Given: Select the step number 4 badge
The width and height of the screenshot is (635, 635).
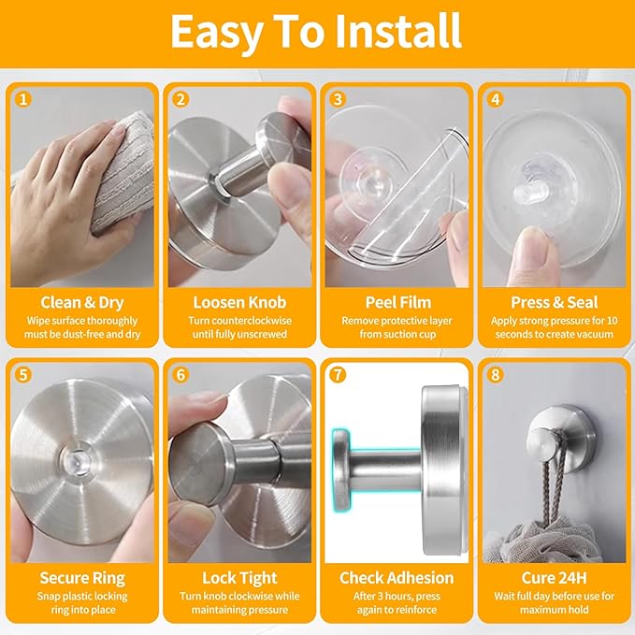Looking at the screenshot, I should (x=496, y=98).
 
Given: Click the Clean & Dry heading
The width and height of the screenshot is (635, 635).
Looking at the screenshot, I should (x=82, y=302).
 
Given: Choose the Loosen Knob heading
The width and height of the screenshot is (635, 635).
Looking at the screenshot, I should (x=238, y=302).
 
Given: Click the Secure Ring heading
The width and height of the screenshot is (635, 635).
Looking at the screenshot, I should (x=82, y=577).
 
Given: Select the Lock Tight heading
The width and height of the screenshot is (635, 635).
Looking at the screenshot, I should (x=238, y=577).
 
